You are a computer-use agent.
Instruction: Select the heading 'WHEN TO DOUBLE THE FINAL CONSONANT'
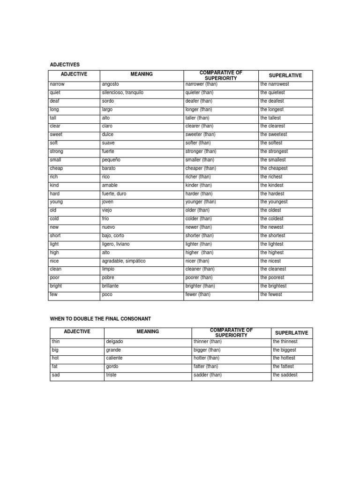100,319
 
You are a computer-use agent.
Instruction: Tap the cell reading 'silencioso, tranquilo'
122,93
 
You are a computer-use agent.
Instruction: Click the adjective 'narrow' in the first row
57,84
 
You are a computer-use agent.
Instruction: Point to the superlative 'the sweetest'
274,135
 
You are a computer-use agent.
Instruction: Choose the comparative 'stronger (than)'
201,151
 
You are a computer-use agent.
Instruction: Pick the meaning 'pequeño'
112,160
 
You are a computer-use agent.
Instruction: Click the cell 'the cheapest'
274,168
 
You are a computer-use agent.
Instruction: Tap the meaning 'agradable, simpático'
124,261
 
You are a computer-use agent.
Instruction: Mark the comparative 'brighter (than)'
200,286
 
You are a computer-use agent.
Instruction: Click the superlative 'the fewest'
271,294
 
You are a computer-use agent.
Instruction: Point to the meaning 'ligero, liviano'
116,244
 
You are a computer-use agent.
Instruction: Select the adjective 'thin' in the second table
56,342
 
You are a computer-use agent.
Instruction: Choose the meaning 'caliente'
115,358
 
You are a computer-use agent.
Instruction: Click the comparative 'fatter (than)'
206,367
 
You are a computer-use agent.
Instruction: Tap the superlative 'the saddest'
285,375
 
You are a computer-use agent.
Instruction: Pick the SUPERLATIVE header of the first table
285,75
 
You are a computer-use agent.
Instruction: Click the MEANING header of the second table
148,332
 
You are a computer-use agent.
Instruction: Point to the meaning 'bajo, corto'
113,236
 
